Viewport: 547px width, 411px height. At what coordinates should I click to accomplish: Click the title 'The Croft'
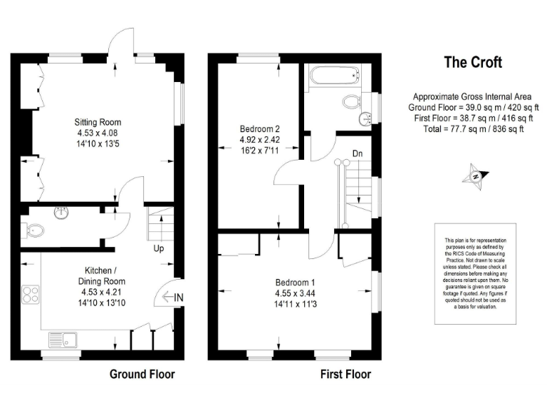click(473, 62)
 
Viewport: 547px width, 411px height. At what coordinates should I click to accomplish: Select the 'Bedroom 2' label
click(259, 129)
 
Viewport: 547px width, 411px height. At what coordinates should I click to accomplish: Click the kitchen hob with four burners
click(31, 295)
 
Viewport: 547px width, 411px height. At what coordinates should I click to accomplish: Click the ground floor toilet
click(33, 230)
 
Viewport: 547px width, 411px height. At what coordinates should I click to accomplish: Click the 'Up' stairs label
click(160, 249)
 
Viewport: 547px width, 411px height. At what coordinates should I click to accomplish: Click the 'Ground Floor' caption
click(142, 374)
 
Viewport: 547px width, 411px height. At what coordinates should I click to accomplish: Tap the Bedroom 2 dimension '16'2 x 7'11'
click(259, 151)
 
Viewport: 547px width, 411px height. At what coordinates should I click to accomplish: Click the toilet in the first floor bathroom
click(351, 100)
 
